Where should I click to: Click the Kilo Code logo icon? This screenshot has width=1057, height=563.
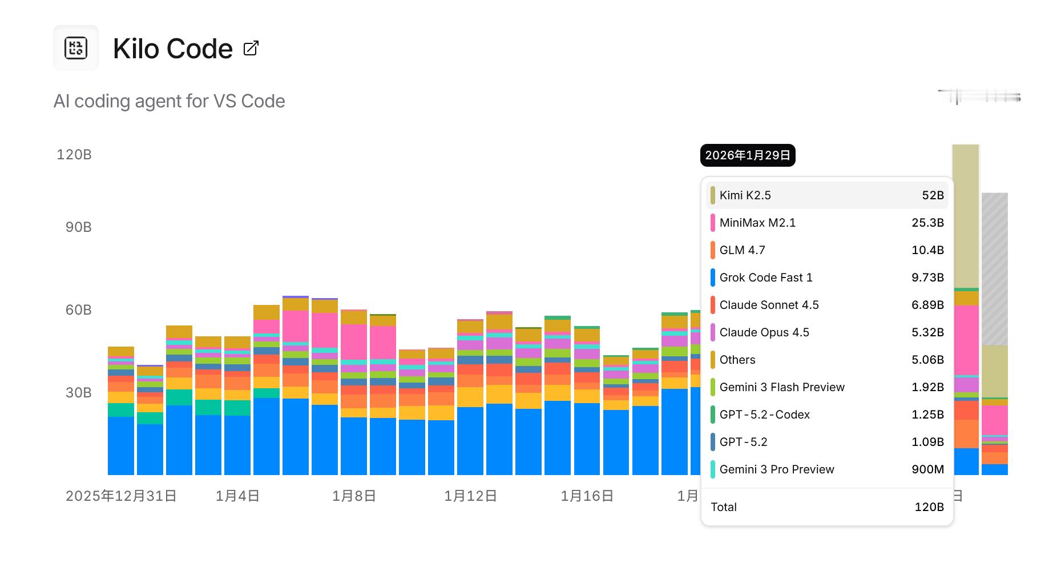(x=76, y=48)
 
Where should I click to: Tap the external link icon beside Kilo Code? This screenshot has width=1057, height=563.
(x=251, y=48)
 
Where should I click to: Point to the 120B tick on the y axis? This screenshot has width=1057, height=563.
(x=74, y=155)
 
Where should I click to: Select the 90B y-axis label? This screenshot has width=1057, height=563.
(x=78, y=227)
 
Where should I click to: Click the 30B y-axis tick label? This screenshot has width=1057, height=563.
(x=78, y=393)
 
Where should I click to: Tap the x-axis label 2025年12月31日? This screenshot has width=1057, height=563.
(x=121, y=496)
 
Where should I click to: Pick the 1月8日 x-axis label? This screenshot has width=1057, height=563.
(x=354, y=496)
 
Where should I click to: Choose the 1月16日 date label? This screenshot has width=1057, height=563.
(x=587, y=496)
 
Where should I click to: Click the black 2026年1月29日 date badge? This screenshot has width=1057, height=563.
(x=748, y=155)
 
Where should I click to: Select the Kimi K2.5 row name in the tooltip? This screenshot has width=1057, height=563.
(x=745, y=195)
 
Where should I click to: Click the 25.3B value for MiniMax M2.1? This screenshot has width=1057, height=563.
(x=927, y=223)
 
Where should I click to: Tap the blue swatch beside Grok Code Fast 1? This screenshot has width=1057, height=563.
(x=713, y=278)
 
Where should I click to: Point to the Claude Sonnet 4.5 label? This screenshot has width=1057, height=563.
(x=769, y=305)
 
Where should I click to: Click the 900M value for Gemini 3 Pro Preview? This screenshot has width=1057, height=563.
(x=927, y=469)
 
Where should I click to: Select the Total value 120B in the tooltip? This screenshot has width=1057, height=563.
(x=929, y=507)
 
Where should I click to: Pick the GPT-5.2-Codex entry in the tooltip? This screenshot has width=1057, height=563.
(x=764, y=415)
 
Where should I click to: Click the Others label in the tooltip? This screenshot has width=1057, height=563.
(x=737, y=360)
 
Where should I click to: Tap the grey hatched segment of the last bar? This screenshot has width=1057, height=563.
(x=995, y=268)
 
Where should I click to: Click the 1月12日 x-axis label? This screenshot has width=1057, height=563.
(x=470, y=496)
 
